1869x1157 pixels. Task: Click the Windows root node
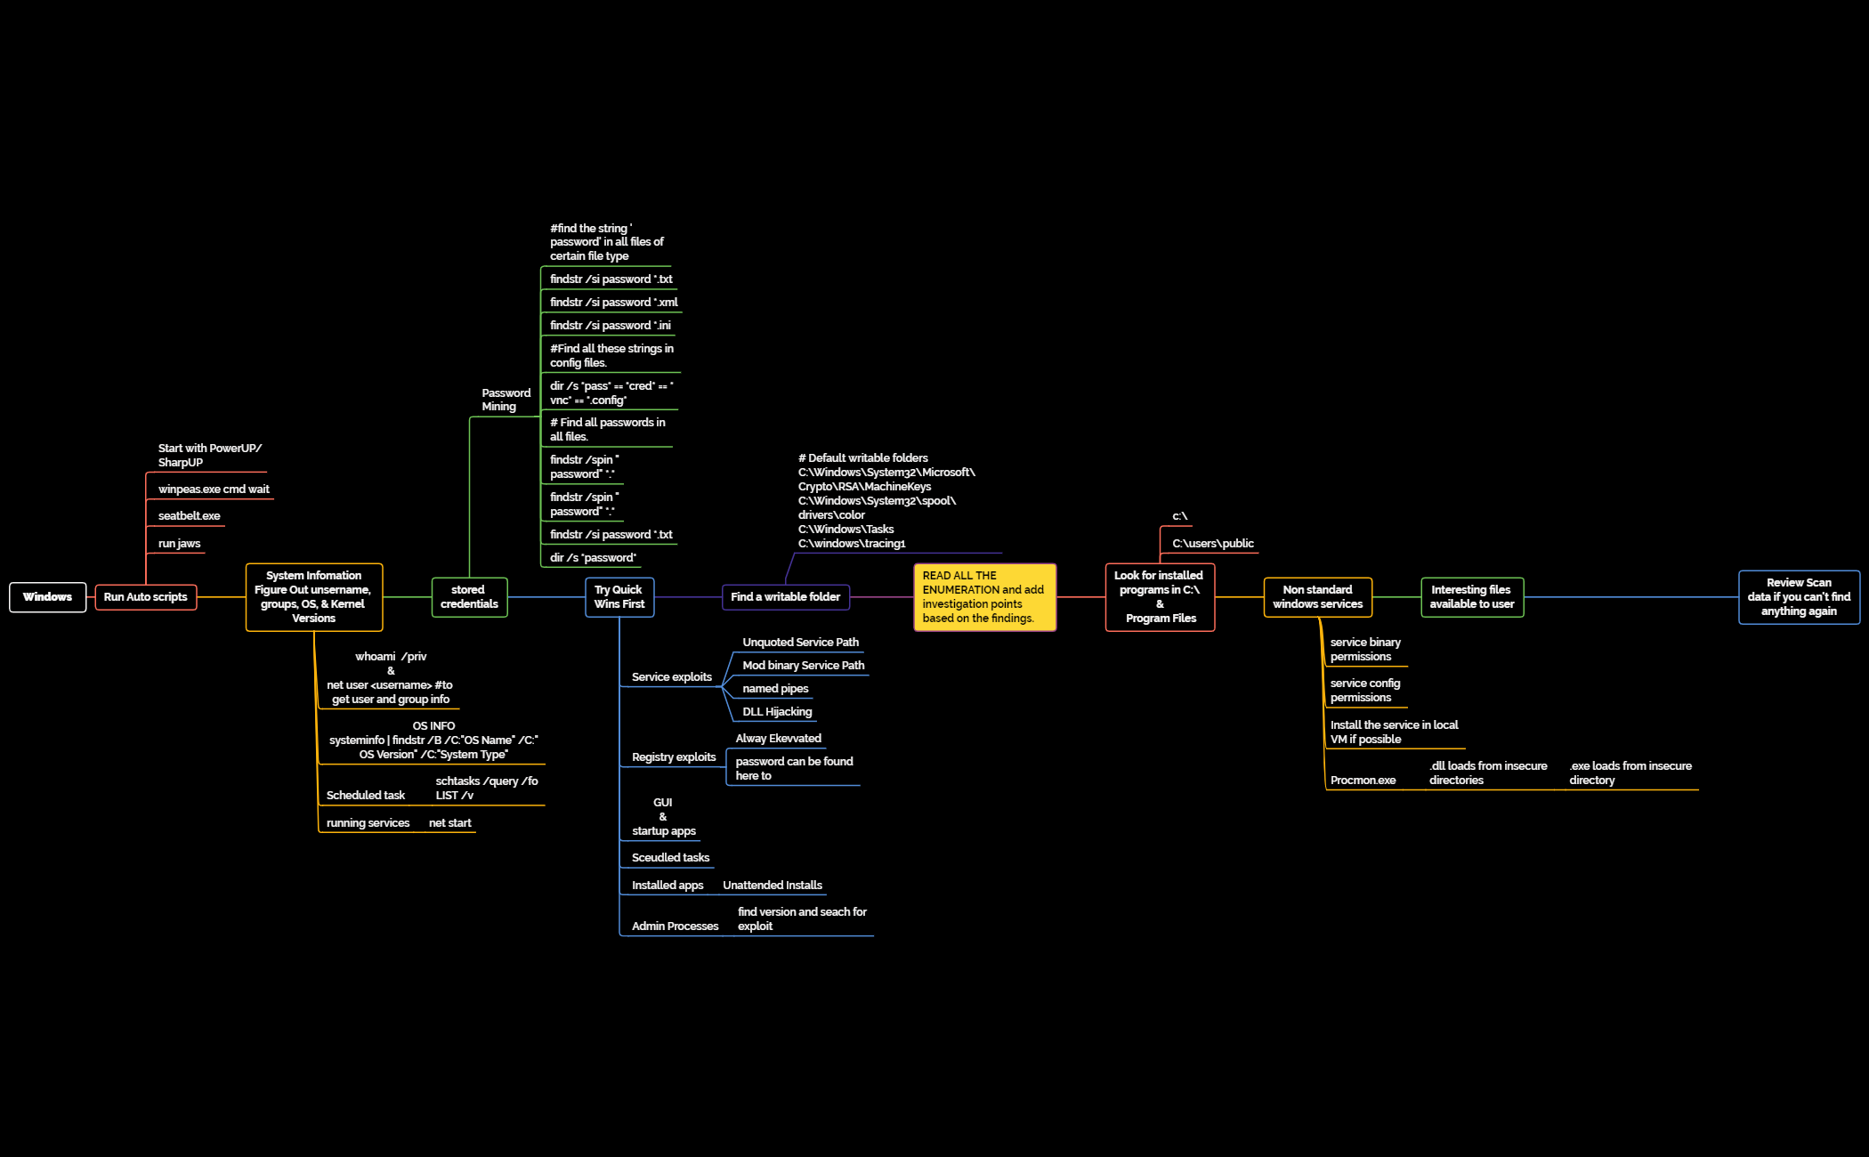[x=47, y=597]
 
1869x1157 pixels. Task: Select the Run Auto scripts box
[x=145, y=597]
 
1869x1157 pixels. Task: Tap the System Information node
[x=314, y=597]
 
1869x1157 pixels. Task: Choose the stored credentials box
[x=469, y=597]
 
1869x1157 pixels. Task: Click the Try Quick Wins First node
[x=619, y=597]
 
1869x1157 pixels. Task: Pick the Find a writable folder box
[x=785, y=597]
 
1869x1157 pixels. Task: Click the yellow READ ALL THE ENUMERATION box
[x=984, y=597]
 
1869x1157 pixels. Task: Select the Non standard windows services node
[x=1317, y=597]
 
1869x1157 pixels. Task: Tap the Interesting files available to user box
[x=1472, y=597]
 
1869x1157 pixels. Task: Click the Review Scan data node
[x=1799, y=597]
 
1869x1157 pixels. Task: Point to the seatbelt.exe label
[x=189, y=516]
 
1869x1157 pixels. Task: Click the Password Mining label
[x=506, y=400]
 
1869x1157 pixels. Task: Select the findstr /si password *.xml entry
[x=613, y=303]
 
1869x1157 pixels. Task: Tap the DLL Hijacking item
[x=777, y=712]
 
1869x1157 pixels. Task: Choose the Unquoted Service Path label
[x=800, y=643]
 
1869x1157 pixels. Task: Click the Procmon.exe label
[x=1363, y=781]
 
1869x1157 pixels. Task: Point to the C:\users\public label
[x=1212, y=544]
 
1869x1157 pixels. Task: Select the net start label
[x=449, y=823]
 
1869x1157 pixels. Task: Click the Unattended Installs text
[x=773, y=886]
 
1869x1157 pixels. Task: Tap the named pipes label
[x=775, y=689]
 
